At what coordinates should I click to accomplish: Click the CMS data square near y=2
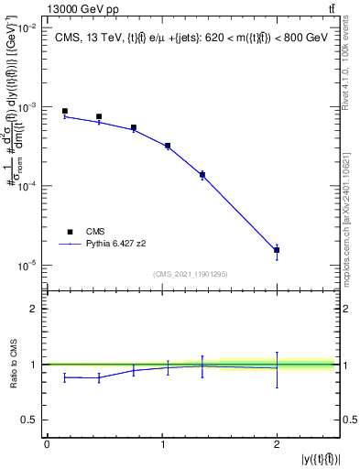tap(277, 250)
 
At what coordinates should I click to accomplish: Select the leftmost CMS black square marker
tap(64, 111)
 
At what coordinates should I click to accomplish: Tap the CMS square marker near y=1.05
tap(168, 146)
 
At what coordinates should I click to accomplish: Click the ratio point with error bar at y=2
tap(277, 369)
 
